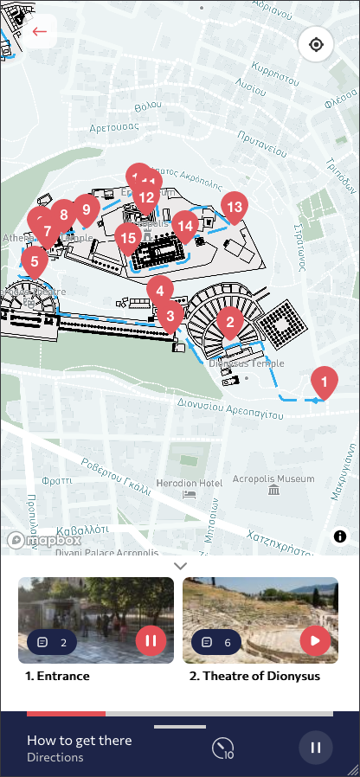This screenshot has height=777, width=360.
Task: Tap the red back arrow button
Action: [x=39, y=32]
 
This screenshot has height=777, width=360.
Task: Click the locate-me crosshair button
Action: [x=316, y=44]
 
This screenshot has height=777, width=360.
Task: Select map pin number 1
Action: [x=324, y=381]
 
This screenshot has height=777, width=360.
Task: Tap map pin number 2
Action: [x=229, y=322]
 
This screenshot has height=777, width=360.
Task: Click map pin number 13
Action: [x=233, y=206]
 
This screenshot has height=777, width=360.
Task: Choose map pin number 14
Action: [x=184, y=225]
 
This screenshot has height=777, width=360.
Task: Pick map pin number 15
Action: [x=128, y=237]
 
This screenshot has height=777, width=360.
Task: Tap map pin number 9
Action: [x=86, y=209]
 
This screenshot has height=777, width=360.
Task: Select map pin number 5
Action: [x=34, y=260]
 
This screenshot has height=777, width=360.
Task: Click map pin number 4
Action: [x=159, y=291]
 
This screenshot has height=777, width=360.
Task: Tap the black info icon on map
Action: [x=340, y=536]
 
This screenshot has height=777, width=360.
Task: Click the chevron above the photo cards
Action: [x=180, y=565]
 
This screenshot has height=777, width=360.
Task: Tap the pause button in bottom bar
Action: [x=316, y=748]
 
